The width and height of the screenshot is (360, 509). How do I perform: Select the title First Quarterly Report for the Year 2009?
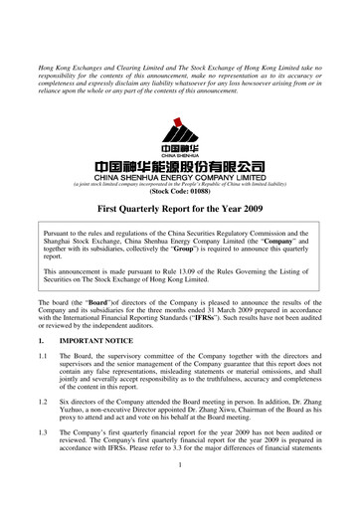(180, 212)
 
